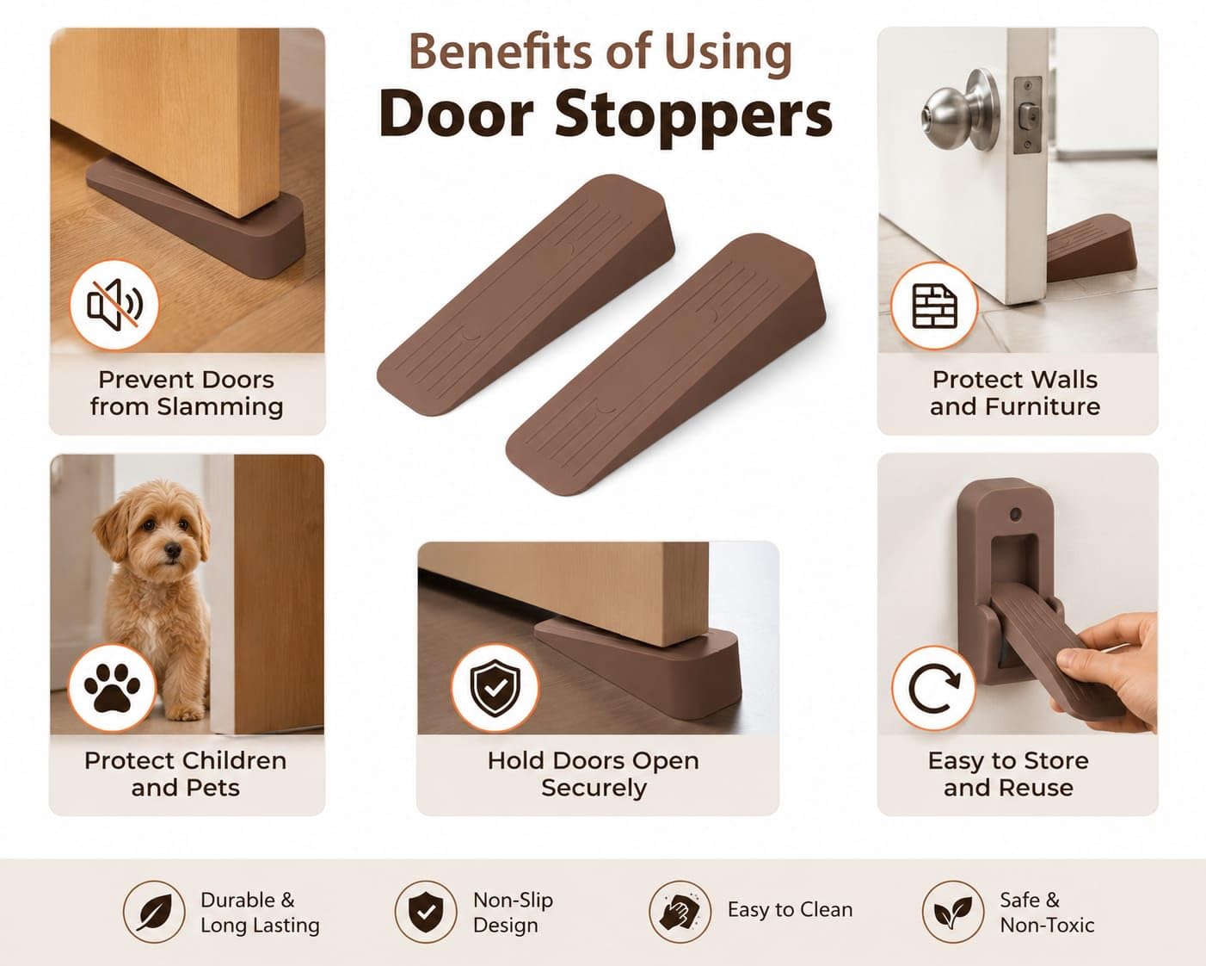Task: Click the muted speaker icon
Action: coord(114,305)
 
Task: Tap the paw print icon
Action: coord(112,688)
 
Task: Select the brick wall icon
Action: coord(934,306)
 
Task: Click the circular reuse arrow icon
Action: coord(933,688)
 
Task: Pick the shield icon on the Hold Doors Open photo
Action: coord(495,688)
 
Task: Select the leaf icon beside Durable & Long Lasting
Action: coord(154,912)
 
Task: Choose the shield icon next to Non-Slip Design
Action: coord(426,912)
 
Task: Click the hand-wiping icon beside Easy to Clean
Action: coord(680,912)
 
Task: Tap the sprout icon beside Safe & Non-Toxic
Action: coord(953,912)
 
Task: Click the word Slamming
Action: coord(220,407)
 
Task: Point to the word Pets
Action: coord(213,788)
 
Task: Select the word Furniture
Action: coord(1043,406)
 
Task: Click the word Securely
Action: coord(594,788)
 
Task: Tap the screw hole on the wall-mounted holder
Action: coord(1015,514)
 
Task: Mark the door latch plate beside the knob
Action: coord(1028,115)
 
